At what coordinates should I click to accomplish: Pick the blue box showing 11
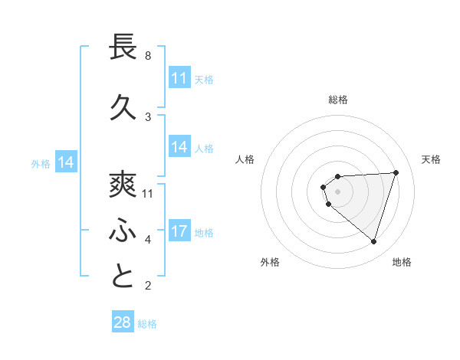179,78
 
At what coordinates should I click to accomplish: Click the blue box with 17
179,231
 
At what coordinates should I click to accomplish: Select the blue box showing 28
123,322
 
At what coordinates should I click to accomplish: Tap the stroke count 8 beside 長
148,56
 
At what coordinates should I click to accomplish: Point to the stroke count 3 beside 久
148,117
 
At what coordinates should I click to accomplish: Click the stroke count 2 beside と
148,286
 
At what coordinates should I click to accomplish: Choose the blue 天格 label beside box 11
204,79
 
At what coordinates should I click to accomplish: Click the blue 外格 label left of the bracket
41,163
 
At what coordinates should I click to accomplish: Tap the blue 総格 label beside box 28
147,323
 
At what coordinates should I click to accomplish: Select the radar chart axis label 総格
337,100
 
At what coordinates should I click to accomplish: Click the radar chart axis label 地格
402,262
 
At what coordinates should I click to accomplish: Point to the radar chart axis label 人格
245,159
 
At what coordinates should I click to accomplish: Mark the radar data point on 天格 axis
396,172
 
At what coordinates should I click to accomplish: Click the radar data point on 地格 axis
373,241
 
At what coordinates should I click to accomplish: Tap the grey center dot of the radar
337,191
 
